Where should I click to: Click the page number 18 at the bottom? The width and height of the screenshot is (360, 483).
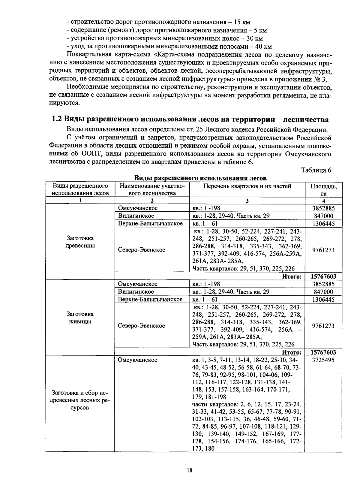(x=189, y=470)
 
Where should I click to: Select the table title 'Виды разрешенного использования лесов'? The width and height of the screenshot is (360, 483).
(x=200, y=178)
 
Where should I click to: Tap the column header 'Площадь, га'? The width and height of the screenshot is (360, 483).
(x=323, y=190)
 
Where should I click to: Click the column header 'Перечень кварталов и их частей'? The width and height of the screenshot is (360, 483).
(x=247, y=186)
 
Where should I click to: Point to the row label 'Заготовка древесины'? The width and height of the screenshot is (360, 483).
(x=80, y=242)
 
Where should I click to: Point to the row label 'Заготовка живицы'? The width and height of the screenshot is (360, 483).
(x=80, y=318)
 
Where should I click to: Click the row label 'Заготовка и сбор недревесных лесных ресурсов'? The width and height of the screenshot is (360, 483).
(x=80, y=400)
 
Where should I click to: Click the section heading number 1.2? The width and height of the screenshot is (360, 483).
(x=57, y=119)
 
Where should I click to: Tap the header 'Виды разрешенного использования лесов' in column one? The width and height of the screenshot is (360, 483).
(x=80, y=190)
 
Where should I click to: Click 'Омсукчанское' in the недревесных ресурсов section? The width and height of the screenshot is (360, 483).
(x=137, y=360)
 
